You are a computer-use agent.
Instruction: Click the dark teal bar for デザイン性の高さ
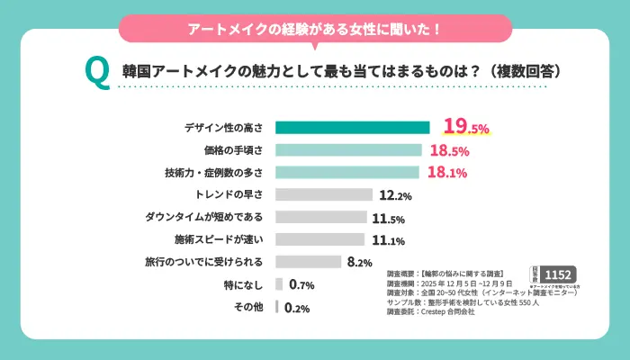[353, 127]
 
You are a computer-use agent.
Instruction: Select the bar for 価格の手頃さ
[348, 149]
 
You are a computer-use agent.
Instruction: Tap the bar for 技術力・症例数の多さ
[347, 172]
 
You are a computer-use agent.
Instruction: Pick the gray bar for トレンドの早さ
[324, 194]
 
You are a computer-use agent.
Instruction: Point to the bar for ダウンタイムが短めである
[321, 217]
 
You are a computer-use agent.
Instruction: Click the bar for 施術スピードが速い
[319, 239]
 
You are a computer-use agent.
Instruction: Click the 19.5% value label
[465, 127]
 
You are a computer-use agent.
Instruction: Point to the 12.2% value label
[396, 195]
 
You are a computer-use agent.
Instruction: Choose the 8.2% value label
[359, 263]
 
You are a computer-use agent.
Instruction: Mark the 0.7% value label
[301, 285]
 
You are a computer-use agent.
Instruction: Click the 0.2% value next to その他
[297, 308]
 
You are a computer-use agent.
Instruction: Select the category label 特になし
[244, 285]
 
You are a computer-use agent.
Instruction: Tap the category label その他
[248, 308]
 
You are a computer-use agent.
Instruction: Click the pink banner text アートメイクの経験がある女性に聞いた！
[314, 29]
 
